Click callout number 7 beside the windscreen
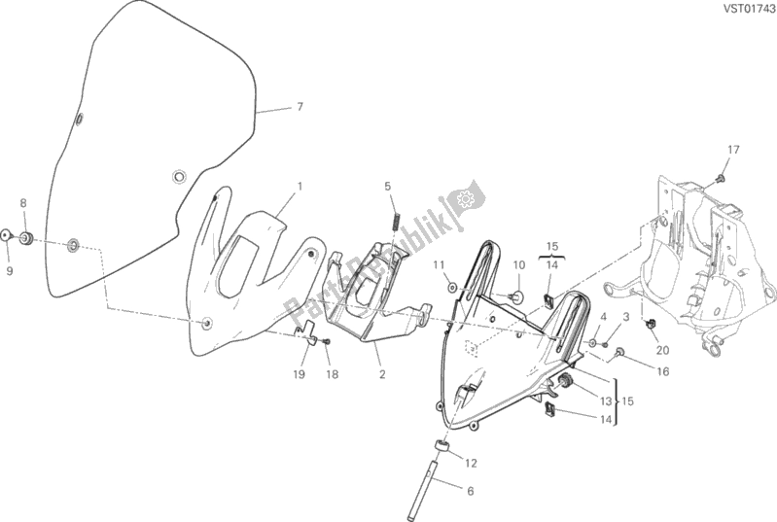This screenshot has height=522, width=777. click(300, 107)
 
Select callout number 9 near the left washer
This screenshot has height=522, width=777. click(9, 271)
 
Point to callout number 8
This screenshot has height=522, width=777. click(24, 203)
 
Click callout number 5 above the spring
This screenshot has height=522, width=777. click(386, 186)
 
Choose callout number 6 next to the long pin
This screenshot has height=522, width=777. click(470, 492)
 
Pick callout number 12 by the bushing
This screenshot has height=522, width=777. click(471, 462)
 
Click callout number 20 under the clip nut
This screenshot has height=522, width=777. click(662, 350)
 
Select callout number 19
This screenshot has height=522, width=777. click(298, 374)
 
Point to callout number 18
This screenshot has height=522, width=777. click(332, 374)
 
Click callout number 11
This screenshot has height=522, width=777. click(440, 264)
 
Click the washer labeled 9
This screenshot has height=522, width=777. click(7, 236)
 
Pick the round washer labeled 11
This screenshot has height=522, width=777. click(452, 288)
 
